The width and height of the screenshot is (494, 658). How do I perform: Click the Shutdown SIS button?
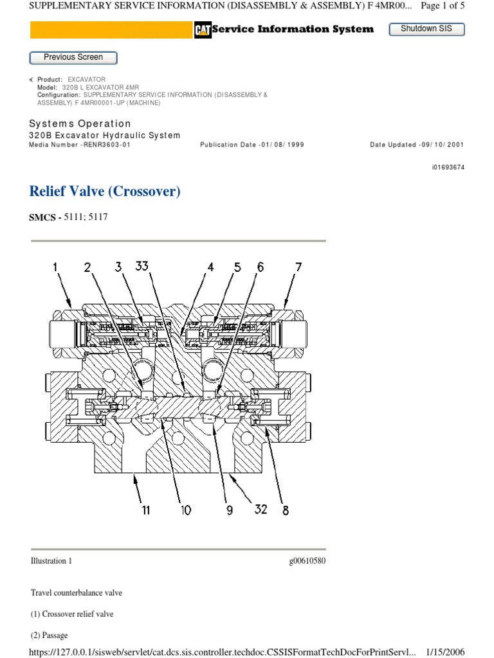426,29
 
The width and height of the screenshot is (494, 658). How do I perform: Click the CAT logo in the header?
203,30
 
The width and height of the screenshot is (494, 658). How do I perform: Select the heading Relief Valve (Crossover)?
105,191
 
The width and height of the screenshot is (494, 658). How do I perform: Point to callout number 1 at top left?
55,267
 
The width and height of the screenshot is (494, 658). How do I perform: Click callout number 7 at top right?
298,267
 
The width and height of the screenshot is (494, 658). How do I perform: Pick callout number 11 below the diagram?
146,510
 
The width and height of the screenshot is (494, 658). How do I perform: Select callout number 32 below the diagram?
260,510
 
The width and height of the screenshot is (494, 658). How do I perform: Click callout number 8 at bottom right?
285,510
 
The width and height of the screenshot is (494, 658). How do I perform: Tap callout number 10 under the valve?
185,510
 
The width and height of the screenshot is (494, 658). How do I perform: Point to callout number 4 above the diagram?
210,267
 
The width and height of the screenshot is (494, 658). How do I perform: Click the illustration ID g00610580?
307,561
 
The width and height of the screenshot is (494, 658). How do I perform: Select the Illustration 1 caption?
51,561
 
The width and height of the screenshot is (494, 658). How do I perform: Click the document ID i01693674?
448,167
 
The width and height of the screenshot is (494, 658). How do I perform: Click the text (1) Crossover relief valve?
72,614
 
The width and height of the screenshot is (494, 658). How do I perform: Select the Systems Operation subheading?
80,123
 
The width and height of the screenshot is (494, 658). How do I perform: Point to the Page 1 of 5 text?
443,6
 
